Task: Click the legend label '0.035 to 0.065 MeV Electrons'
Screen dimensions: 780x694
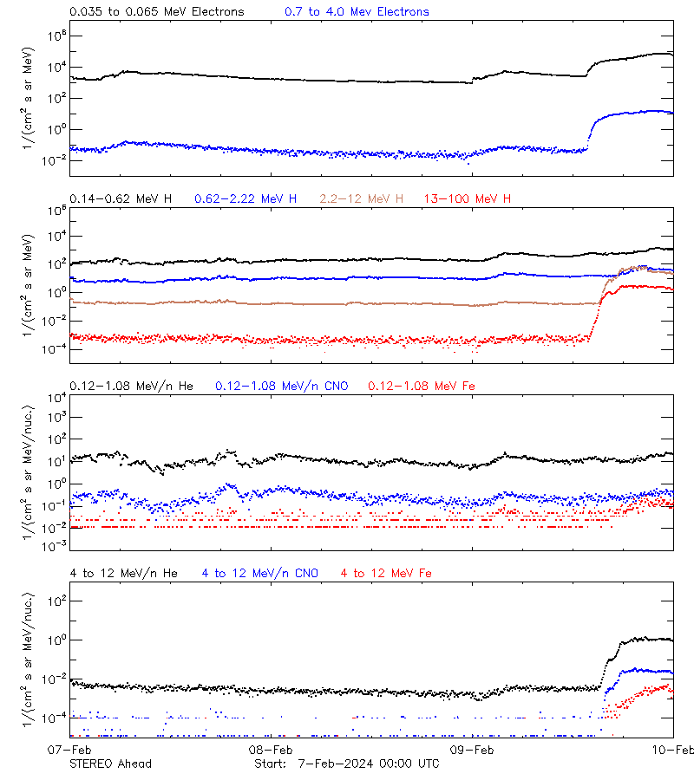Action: [x=156, y=12]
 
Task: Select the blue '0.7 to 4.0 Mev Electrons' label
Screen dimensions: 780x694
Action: [x=357, y=12]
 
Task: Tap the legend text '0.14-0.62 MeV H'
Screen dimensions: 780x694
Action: [x=121, y=199]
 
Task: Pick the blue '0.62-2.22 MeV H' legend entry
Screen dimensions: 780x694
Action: [x=246, y=199]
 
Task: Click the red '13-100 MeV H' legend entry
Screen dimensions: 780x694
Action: [x=468, y=199]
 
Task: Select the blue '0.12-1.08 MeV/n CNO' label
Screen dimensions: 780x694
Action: [x=282, y=386]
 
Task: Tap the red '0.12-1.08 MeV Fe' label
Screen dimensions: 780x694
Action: [x=422, y=386]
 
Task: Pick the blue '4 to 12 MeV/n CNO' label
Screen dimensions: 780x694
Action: [x=260, y=573]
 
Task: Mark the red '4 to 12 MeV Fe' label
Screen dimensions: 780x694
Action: [x=386, y=573]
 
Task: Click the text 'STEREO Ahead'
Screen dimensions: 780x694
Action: [x=110, y=764]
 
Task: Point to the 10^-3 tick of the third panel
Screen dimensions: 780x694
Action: [x=54, y=546]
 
